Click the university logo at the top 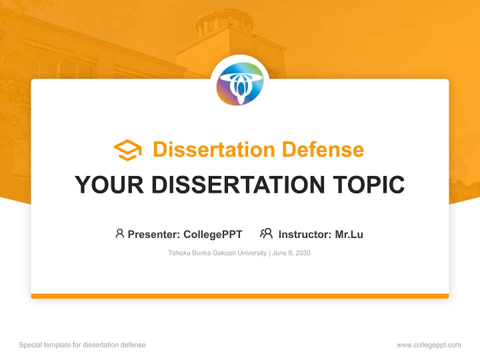(240, 83)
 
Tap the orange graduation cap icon (127, 150)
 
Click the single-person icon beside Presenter (119, 233)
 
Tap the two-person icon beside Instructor (266, 233)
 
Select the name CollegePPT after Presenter (213, 234)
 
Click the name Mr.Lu (349, 234)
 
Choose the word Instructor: (305, 234)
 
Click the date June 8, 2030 (291, 253)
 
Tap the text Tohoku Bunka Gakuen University (217, 253)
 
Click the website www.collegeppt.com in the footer (428, 345)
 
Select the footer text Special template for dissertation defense (82, 345)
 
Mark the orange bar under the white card (240, 296)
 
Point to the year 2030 (302, 253)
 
